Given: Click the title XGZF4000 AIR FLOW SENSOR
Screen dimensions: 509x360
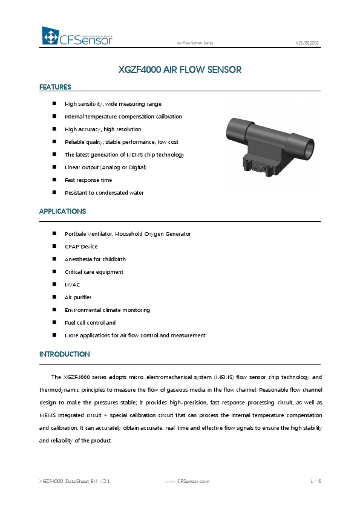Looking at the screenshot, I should coord(180,70).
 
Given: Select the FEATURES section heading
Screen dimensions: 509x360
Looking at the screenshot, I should coord(55,87).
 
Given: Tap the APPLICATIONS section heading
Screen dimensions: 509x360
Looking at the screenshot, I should coord(62,212).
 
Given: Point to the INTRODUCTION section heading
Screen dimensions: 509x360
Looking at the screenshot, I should coord(64,354).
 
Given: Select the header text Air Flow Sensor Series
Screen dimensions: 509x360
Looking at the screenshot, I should coord(194,44).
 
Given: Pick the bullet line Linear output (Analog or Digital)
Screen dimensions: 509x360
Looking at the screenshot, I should coord(105,167).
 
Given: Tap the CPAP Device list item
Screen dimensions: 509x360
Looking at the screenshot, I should coord(80,247).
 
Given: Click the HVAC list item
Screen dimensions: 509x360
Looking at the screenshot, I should coord(72,285).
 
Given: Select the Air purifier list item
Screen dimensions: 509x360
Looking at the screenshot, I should coord(77,297).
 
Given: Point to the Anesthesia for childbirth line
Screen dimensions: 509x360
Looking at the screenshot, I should coord(95,259).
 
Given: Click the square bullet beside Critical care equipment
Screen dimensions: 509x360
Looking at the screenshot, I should coord(55,272).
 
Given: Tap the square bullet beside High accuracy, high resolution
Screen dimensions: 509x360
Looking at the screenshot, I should coord(55,129).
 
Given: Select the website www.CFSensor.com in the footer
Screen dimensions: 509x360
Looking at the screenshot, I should coord(187,481).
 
